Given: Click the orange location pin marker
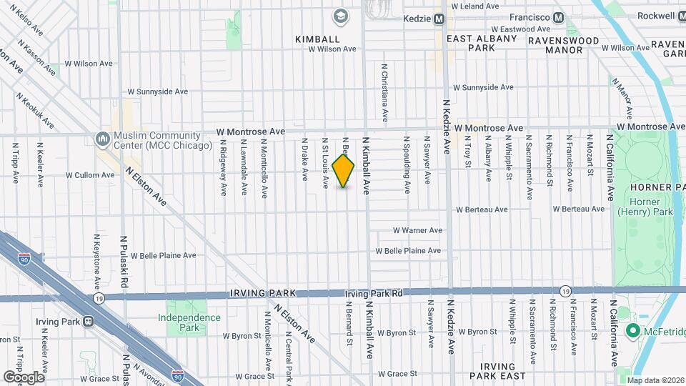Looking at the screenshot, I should [x=343, y=170].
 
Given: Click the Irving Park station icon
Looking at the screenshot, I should [x=89, y=322].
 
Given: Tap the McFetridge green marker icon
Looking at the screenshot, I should [x=632, y=330].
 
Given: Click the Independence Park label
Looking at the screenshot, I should [x=189, y=322].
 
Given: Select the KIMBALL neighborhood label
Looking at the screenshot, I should [x=317, y=39].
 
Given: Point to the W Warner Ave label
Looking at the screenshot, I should [x=418, y=230].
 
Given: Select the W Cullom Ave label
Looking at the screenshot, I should [x=90, y=174].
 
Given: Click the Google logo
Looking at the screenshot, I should [x=24, y=377].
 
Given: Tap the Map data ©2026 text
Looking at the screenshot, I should [x=655, y=380].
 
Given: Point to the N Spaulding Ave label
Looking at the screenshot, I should [x=407, y=165].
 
